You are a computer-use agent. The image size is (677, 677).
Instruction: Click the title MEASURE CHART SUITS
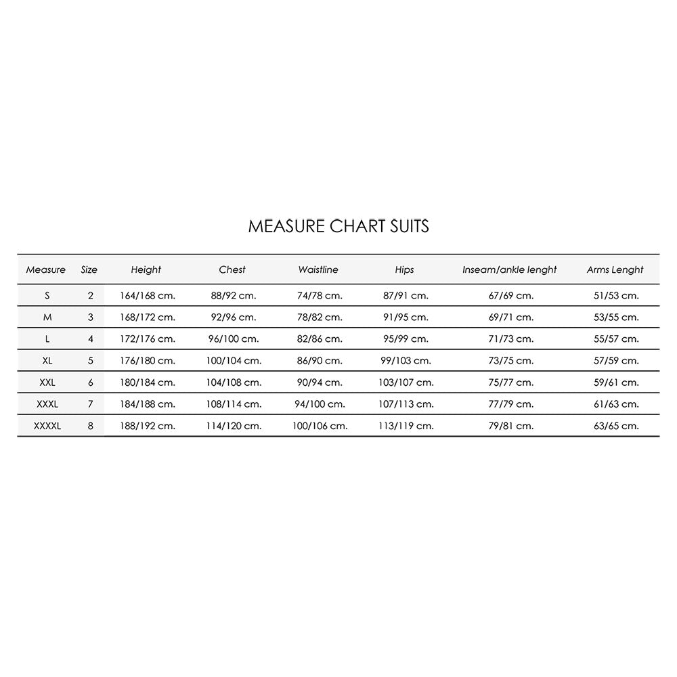338,226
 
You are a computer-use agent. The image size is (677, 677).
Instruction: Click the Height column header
146,269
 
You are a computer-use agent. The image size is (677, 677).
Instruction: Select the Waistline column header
318,269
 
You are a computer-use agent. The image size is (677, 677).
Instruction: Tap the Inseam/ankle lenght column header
510,269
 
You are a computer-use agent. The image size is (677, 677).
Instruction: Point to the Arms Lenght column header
615,269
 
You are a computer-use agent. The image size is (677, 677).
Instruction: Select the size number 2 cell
91,295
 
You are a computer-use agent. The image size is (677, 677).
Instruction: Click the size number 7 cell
91,404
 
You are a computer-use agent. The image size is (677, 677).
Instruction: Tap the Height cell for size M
146,317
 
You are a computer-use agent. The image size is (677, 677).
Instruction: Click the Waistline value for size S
320,295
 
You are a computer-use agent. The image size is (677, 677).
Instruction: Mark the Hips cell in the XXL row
406,383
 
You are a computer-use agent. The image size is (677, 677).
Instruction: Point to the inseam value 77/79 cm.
511,404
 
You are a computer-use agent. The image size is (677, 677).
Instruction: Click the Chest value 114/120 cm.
234,426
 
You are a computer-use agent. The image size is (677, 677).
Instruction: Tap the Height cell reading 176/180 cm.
146,360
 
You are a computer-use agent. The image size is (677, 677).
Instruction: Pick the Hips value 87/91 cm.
406,295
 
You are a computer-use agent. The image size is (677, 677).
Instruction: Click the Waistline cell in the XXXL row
320,404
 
